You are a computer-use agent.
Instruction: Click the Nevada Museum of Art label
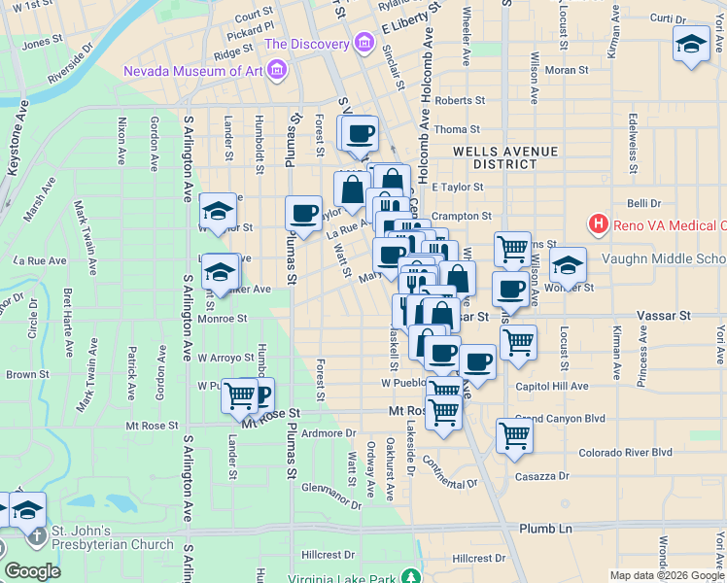tap(192, 70)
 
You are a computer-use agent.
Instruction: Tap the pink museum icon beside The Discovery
tap(363, 44)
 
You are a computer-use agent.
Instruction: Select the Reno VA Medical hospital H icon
tap(599, 225)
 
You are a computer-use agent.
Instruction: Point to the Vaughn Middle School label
tap(663, 258)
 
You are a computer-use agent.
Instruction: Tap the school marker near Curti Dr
tap(691, 44)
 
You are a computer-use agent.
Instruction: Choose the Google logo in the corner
tap(32, 570)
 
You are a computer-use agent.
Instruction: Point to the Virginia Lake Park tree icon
tap(412, 577)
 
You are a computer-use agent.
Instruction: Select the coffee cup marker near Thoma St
tap(361, 133)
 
